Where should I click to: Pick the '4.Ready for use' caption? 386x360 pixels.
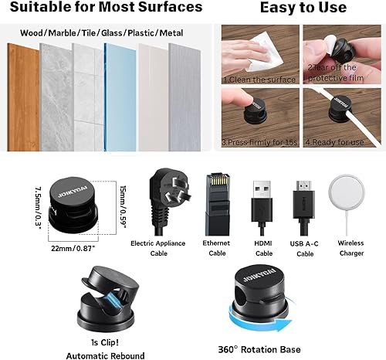click(x=335, y=142)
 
